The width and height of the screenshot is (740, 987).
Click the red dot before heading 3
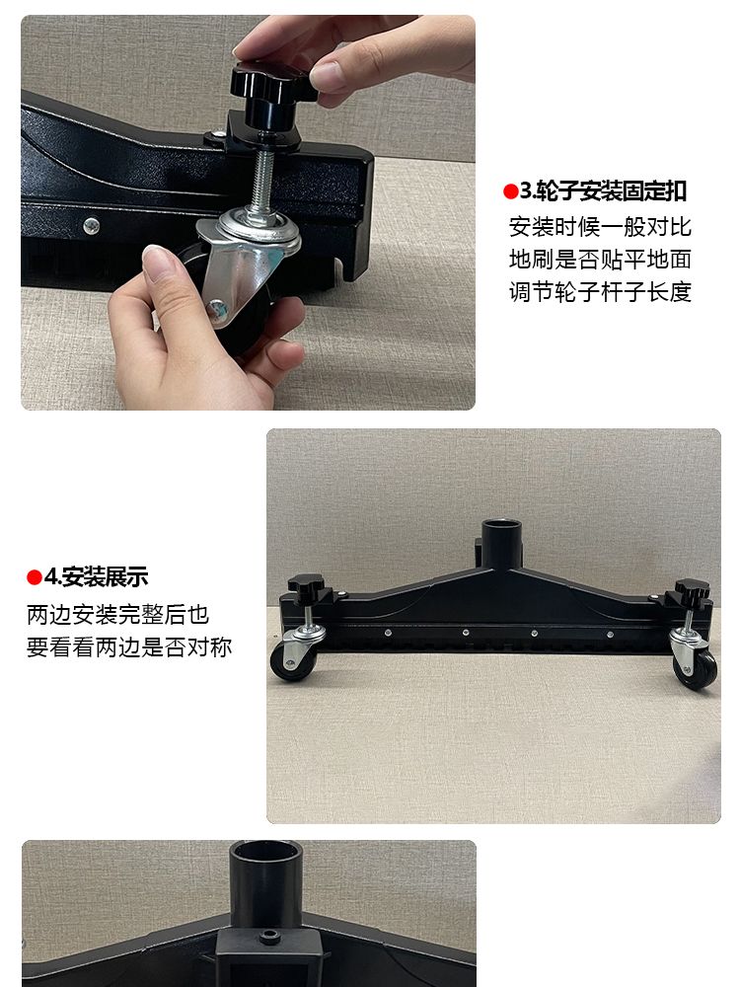(510, 191)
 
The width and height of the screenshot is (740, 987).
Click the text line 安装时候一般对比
(600, 227)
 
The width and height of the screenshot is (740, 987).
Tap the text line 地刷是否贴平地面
(600, 260)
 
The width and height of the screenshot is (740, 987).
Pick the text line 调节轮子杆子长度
(600, 292)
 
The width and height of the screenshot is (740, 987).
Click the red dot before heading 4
(34, 577)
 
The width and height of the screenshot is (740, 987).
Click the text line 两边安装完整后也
(117, 614)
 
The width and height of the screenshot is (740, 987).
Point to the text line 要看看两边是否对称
(129, 647)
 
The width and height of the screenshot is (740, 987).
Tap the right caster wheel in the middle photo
(700, 670)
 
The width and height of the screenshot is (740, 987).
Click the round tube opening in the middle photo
(502, 526)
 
